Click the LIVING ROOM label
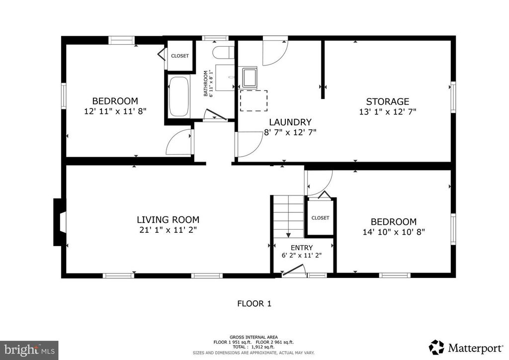point(168,220)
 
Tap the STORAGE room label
point(388,101)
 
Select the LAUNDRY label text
point(290,122)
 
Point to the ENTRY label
point(302,248)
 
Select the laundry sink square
point(248,77)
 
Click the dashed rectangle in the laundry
point(254,101)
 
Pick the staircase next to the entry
point(288,216)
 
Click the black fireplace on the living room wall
point(60,222)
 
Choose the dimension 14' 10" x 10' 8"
point(394,232)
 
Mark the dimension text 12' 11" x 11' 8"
point(115,111)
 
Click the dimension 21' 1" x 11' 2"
point(168,230)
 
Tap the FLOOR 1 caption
point(254,304)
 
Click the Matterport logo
point(466,348)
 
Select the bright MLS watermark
point(29,350)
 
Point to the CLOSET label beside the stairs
point(321,218)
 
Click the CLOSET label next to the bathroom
point(180,56)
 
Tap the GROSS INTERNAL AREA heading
point(254,337)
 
